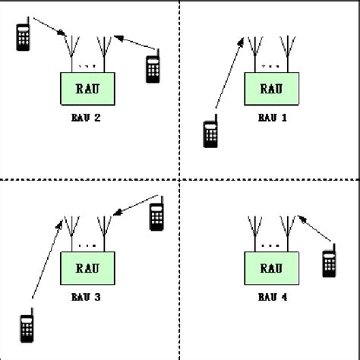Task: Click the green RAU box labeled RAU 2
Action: coord(87,89)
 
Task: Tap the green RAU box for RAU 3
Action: coord(87,267)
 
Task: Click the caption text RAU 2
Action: coord(87,118)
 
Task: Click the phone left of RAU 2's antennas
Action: coord(23,36)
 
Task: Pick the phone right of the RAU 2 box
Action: coord(153,67)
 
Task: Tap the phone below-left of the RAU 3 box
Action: coord(27,328)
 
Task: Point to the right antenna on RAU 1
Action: coord(288,52)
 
